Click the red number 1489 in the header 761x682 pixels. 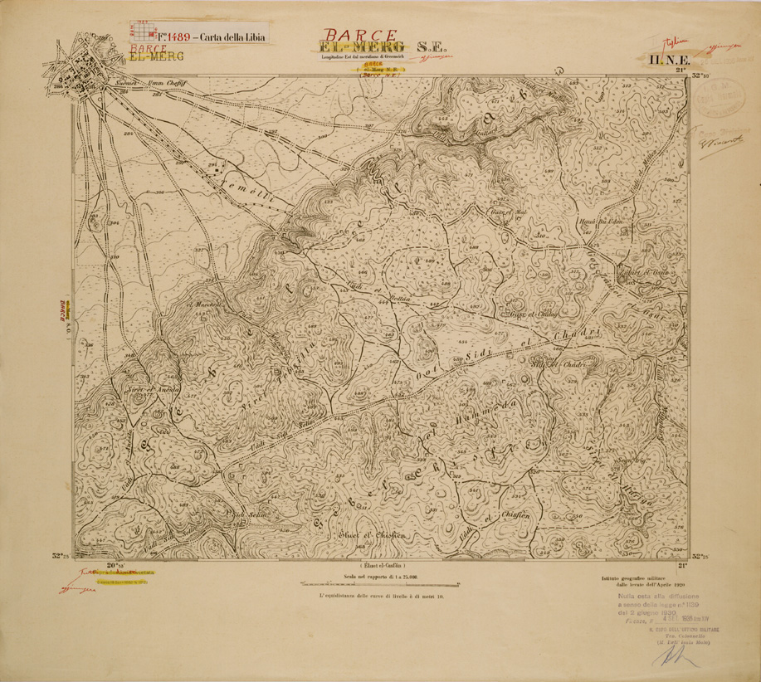coord(178,37)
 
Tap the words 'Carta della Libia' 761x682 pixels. coord(229,37)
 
